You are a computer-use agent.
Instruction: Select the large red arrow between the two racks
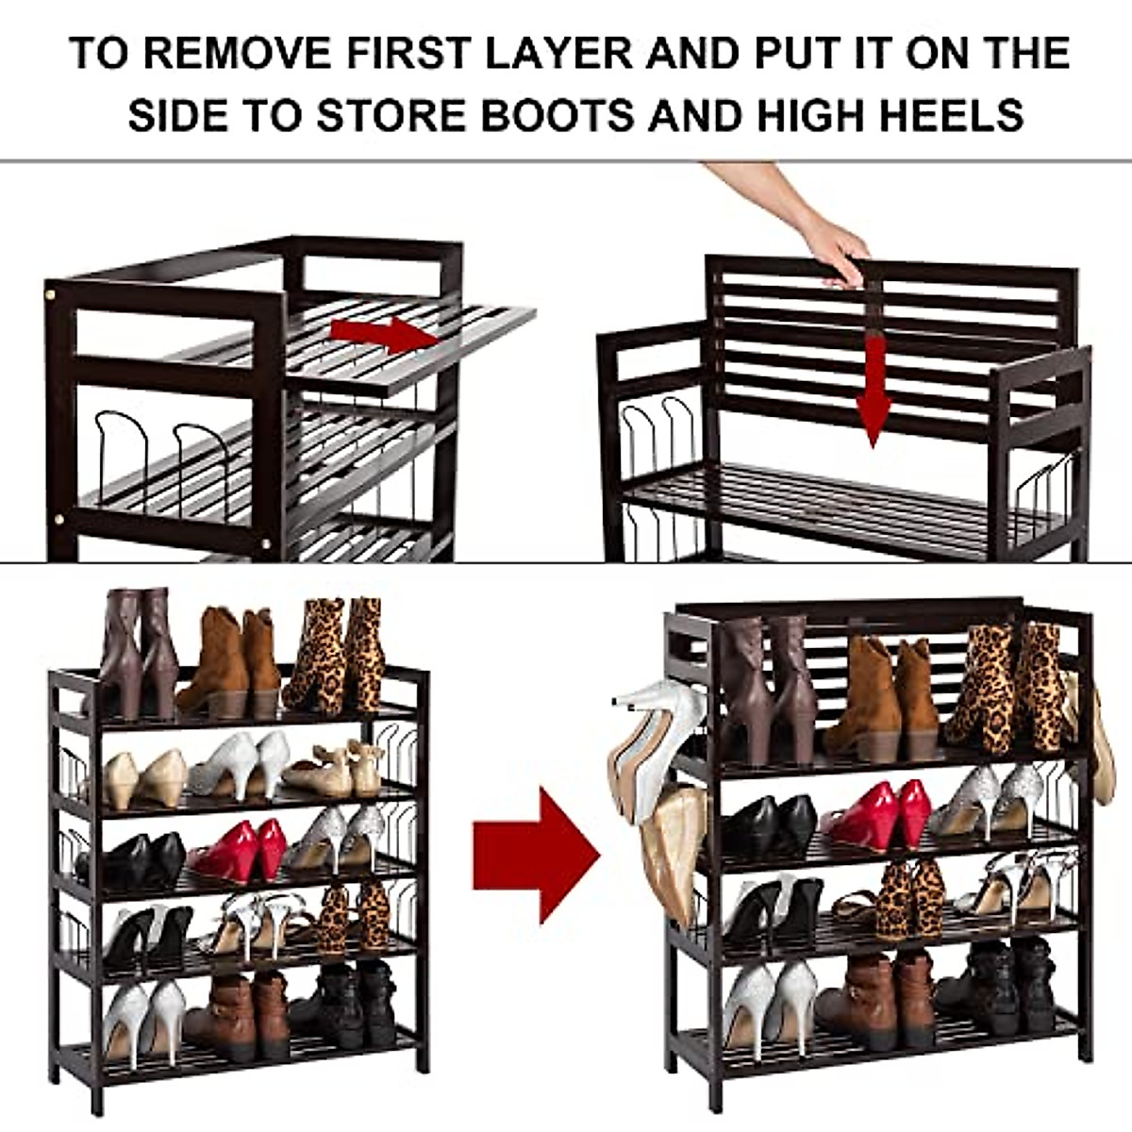[x=535, y=855]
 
